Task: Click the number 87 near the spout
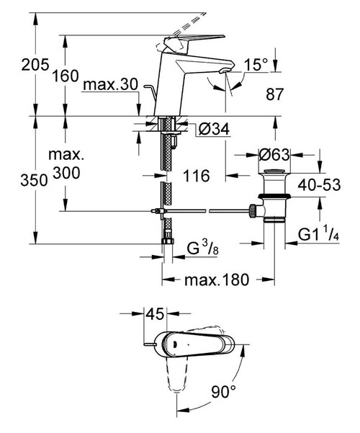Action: (x=274, y=94)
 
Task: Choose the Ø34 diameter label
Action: (x=213, y=128)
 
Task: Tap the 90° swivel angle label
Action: (x=222, y=393)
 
